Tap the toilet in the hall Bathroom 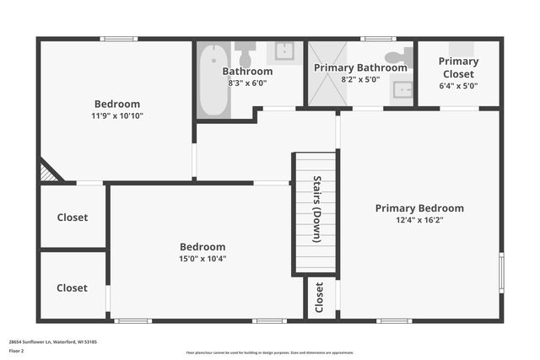(246, 56)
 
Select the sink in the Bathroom (285, 51)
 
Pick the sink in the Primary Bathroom (402, 89)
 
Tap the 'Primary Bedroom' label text (419, 208)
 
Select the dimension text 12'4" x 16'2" (419, 220)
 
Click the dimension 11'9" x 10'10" (118, 116)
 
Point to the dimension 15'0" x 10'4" (202, 259)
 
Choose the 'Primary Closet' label (458, 67)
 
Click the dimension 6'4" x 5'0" (458, 85)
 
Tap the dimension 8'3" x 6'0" (247, 83)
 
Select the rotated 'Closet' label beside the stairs (319, 298)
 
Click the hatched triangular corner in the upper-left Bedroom (49, 173)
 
